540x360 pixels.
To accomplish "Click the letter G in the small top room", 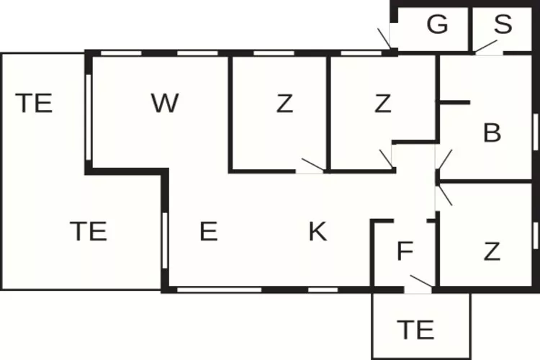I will [x=437, y=25].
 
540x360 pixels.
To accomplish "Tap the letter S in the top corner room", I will [x=503, y=25].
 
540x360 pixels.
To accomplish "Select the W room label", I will [x=165, y=104].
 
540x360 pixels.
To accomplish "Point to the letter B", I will [x=492, y=133].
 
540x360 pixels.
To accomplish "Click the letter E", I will [x=208, y=232].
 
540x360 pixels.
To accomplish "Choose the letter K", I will [x=318, y=232].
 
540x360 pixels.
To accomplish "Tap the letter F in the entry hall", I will [x=405, y=252].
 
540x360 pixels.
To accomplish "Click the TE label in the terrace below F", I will [x=415, y=329].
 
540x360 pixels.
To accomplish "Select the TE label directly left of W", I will [x=34, y=104].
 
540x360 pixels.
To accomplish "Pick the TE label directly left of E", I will [x=88, y=232].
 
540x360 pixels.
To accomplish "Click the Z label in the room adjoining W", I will [x=285, y=104].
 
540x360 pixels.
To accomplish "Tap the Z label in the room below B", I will [x=492, y=252].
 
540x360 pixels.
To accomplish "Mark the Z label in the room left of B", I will [x=382, y=104].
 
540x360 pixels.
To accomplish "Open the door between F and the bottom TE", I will [x=419, y=282].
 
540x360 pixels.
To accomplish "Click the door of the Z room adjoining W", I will [x=312, y=164].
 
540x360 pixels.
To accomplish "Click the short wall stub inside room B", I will [x=454, y=103].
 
